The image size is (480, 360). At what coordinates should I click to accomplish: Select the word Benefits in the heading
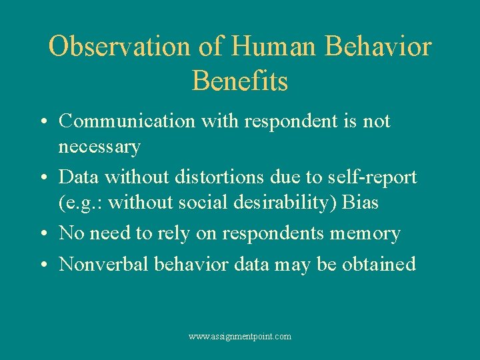click(x=240, y=81)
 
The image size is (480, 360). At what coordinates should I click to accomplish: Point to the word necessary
click(x=99, y=146)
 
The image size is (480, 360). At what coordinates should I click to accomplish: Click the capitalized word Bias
click(x=360, y=202)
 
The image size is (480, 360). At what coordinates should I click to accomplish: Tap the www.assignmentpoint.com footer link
click(x=240, y=337)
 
